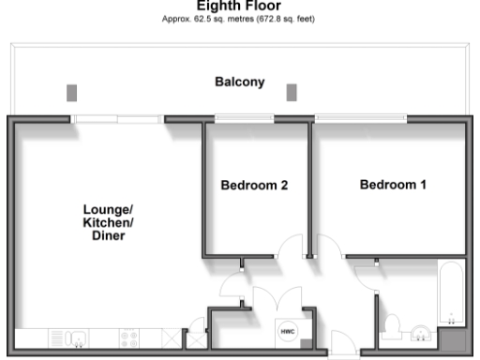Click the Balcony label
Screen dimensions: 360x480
pyautogui.click(x=240, y=82)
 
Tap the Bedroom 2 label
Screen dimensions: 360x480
pyautogui.click(x=253, y=186)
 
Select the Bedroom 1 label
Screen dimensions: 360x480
pyautogui.click(x=393, y=185)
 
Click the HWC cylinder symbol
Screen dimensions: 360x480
pyautogui.click(x=287, y=332)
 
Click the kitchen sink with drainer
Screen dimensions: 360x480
pyautogui.click(x=71, y=337)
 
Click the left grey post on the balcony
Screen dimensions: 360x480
pyautogui.click(x=72, y=92)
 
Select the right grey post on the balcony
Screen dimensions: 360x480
pyautogui.click(x=292, y=92)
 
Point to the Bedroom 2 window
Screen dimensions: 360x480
pyautogui.click(x=242, y=118)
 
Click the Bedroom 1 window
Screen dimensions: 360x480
pyautogui.click(x=361, y=118)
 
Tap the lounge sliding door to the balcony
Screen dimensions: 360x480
pyautogui.click(x=117, y=118)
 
